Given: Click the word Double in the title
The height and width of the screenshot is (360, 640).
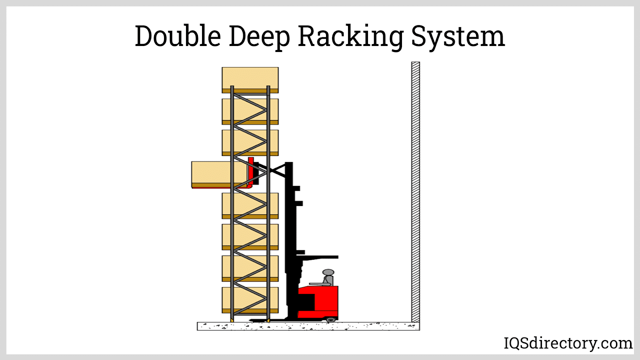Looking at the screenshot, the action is click(178, 36).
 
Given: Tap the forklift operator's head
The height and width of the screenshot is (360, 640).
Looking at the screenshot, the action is click(328, 272).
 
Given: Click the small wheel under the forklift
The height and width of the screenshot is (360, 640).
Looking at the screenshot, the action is click(330, 320).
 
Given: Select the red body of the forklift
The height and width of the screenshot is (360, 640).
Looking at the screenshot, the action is click(318, 302).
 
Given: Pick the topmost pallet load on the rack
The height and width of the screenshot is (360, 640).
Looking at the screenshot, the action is click(250, 80).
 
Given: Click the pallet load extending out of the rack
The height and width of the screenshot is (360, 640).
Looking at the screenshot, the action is click(219, 174).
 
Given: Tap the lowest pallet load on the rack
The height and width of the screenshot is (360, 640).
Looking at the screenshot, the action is click(250, 300).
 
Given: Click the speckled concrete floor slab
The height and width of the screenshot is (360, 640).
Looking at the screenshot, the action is click(308, 326).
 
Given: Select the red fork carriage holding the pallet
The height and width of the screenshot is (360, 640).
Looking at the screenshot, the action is click(250, 172).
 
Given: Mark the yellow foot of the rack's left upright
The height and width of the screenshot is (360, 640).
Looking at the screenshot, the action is click(232, 320).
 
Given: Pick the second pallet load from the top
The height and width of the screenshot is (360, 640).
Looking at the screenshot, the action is click(250, 112).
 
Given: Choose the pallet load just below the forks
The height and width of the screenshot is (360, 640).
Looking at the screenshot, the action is click(250, 206).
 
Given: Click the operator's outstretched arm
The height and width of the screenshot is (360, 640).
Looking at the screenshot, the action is click(318, 284).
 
